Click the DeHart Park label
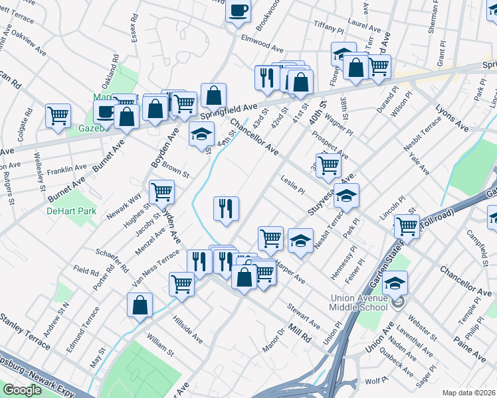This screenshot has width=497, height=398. [71, 212]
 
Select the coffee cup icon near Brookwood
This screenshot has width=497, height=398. [238, 11]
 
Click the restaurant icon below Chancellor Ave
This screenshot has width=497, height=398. [226, 210]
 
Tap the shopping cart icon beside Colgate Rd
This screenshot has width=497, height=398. [58, 115]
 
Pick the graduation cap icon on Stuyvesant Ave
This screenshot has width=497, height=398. [346, 196]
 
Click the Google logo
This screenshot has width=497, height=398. [22, 390]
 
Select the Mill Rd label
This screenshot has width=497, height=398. [300, 332]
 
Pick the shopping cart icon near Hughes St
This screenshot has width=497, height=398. [161, 192]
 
